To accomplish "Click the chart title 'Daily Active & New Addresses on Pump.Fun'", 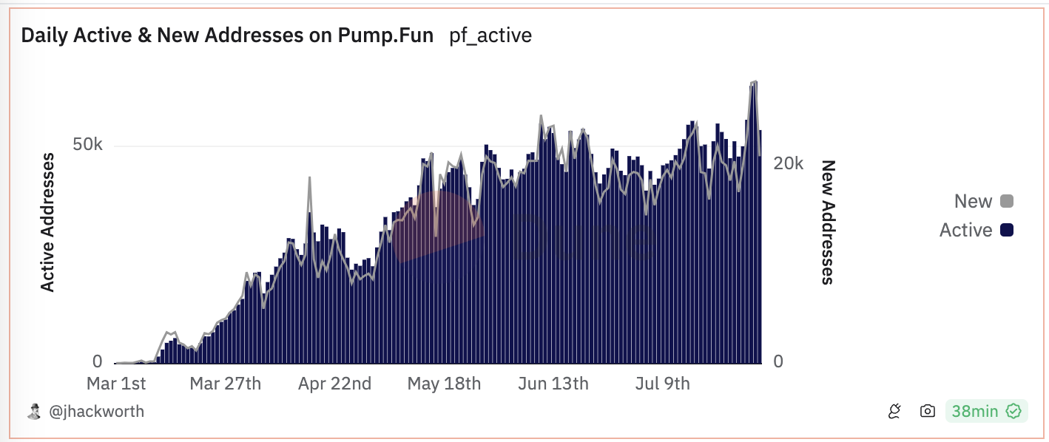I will (x=227, y=35).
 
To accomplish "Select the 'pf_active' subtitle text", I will (x=490, y=35).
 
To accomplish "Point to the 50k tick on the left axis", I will (x=87, y=145).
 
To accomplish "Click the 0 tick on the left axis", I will (x=97, y=361).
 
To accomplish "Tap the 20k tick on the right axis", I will (x=788, y=163).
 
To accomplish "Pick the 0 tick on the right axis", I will (x=778, y=361).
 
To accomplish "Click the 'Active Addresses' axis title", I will (x=48, y=222).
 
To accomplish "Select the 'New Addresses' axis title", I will (x=828, y=222).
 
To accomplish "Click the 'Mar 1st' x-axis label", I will (x=116, y=384).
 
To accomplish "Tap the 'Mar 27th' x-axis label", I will (x=225, y=384).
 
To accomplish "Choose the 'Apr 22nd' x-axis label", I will (x=335, y=384).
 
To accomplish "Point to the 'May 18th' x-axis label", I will (x=444, y=384).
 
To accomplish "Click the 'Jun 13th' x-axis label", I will (x=553, y=384).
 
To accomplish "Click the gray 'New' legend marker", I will (x=1006, y=201).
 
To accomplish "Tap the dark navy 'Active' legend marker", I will (x=1006, y=231).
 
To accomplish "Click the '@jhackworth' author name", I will (x=96, y=412).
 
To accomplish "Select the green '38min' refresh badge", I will (x=986, y=411).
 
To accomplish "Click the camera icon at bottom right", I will (x=927, y=411).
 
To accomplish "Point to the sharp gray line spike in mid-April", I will (x=309, y=178).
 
